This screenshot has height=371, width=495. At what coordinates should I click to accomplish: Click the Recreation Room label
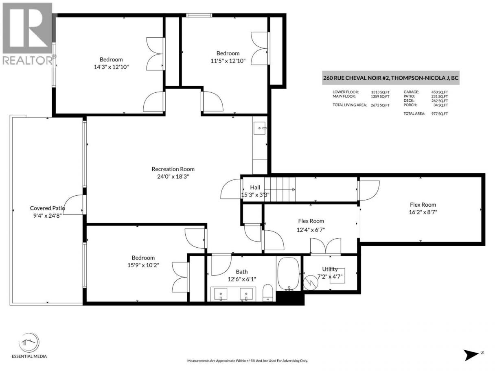pyautogui.click(x=173, y=169)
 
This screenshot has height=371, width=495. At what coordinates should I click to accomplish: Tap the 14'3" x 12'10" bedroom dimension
pyautogui.click(x=111, y=67)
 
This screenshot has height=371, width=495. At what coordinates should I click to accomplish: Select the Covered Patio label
pyautogui.click(x=47, y=208)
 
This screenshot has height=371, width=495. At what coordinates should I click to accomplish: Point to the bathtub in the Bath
pyautogui.click(x=289, y=274)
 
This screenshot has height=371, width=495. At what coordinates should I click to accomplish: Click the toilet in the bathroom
pyautogui.click(x=268, y=292)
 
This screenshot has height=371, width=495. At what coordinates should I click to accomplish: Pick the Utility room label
pyautogui.click(x=330, y=269)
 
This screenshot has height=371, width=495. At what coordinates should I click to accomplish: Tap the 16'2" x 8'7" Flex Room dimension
pyautogui.click(x=423, y=212)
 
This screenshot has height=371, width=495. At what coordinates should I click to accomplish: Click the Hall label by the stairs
pyautogui.click(x=255, y=187)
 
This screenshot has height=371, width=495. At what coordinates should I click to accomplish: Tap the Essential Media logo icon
pyautogui.click(x=29, y=343)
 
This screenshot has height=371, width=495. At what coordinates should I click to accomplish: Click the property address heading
pyautogui.click(x=391, y=78)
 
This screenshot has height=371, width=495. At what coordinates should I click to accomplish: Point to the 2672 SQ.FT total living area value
pyautogui.click(x=380, y=105)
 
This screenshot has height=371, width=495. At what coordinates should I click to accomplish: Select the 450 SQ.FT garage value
pyautogui.click(x=440, y=92)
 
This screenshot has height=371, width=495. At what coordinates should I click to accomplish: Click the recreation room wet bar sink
pyautogui.click(x=260, y=128)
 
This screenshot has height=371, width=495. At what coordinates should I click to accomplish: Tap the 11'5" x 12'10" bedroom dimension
pyautogui.click(x=228, y=61)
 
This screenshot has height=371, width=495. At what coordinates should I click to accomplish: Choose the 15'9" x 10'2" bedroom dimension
pyautogui.click(x=143, y=265)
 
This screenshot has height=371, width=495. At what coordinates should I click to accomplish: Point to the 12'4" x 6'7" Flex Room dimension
pyautogui.click(x=311, y=230)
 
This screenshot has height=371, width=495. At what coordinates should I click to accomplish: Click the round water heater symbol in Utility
pyautogui.click(x=311, y=283)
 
